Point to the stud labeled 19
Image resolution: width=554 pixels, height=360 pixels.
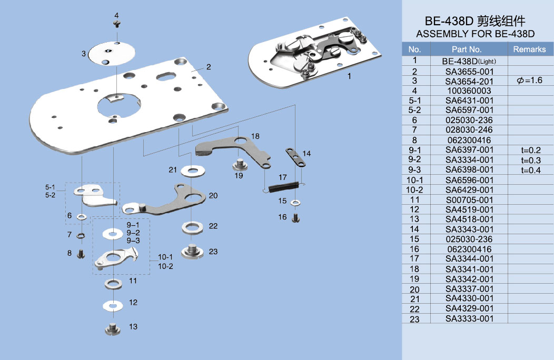[240, 165]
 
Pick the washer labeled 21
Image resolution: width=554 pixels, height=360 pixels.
[193, 171]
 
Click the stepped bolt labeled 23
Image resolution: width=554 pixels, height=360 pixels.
[193, 251]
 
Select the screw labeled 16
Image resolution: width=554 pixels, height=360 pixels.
[296, 217]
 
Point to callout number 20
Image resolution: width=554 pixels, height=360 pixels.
[213, 195]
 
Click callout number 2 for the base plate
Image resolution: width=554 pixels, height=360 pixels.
[209, 67]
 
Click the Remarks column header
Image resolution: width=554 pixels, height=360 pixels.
[529, 49]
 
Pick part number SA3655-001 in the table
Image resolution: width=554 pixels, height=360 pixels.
[469, 71]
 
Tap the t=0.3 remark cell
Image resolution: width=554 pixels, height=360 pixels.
[530, 160]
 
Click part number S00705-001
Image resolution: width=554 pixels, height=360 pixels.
[469, 199]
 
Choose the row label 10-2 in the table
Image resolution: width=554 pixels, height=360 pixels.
[415, 189]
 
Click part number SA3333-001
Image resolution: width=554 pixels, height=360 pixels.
[469, 318]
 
